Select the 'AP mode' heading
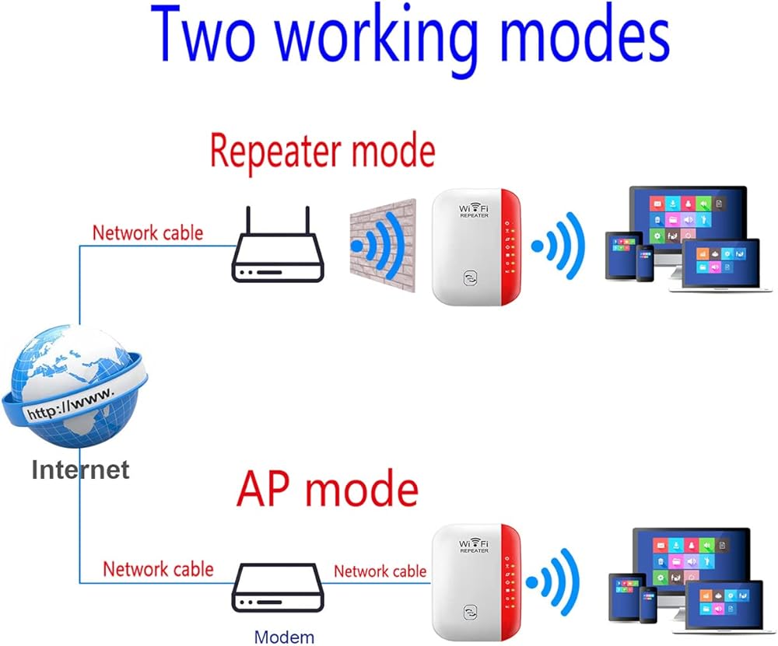click(327, 490)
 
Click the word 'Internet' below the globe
click(80, 469)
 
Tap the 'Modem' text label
click(285, 637)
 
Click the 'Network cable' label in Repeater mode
click(148, 232)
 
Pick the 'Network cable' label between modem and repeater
click(380, 571)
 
